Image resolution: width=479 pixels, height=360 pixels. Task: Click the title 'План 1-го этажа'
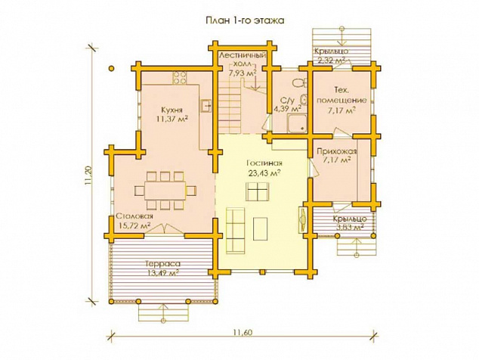tap(245, 20)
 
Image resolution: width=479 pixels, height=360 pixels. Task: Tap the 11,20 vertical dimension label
tap(88, 175)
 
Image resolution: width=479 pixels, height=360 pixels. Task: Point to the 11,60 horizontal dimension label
tap(243, 332)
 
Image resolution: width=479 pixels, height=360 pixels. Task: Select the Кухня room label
tap(172, 110)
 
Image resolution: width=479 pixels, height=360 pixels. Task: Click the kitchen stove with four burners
tap(179, 78)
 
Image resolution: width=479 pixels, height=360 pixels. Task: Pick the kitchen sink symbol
tap(206, 106)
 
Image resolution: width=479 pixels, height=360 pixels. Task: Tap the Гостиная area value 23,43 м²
tap(264, 173)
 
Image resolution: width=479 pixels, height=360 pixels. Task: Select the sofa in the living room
tap(236, 231)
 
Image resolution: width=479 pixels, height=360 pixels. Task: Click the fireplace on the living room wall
tap(303, 219)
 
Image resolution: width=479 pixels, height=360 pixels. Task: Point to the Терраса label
tap(162, 264)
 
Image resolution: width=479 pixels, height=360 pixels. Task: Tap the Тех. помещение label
tap(341, 95)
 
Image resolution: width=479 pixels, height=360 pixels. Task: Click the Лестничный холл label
tap(243, 60)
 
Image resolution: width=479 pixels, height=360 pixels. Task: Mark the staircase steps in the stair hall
tap(230, 106)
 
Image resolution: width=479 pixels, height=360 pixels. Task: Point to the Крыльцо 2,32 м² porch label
tap(332, 55)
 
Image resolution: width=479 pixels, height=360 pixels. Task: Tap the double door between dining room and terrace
tap(164, 230)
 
